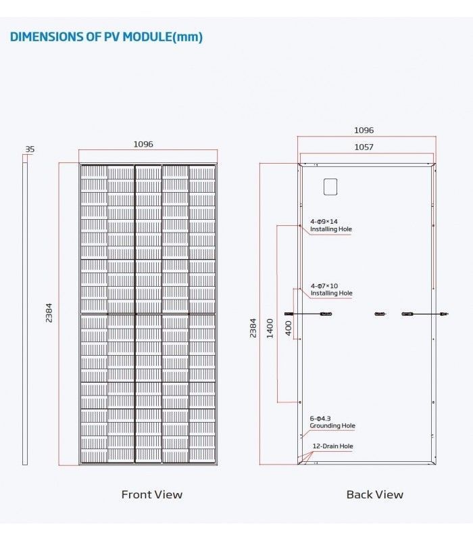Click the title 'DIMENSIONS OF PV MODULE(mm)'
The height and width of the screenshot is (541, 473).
click(106, 37)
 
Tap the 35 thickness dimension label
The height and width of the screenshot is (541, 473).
click(30, 149)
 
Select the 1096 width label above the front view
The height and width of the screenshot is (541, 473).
click(143, 144)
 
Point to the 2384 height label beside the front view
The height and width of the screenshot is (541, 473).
click(49, 313)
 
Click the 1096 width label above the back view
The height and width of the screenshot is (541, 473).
click(364, 130)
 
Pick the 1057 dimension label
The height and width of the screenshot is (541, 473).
click(364, 147)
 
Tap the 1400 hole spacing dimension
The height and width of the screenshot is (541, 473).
click(270, 329)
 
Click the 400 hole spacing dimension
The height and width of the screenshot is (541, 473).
click(289, 328)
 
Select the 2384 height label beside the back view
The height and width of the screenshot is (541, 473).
click(253, 328)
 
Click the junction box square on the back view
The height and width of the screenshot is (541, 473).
click(330, 187)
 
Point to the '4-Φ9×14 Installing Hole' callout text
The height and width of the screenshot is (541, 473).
click(331, 225)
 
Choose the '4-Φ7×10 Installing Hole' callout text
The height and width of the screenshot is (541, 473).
click(331, 289)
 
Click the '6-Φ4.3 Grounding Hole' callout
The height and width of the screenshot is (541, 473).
click(332, 422)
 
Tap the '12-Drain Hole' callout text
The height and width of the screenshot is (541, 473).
click(332, 446)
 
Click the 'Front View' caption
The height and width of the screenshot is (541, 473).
click(151, 494)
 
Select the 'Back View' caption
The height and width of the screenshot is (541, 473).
click(375, 494)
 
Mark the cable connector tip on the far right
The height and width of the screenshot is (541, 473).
click(447, 314)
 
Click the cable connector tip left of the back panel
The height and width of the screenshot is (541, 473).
click(286, 314)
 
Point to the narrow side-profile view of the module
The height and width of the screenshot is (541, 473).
click(25, 314)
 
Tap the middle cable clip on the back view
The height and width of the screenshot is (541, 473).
click(380, 314)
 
